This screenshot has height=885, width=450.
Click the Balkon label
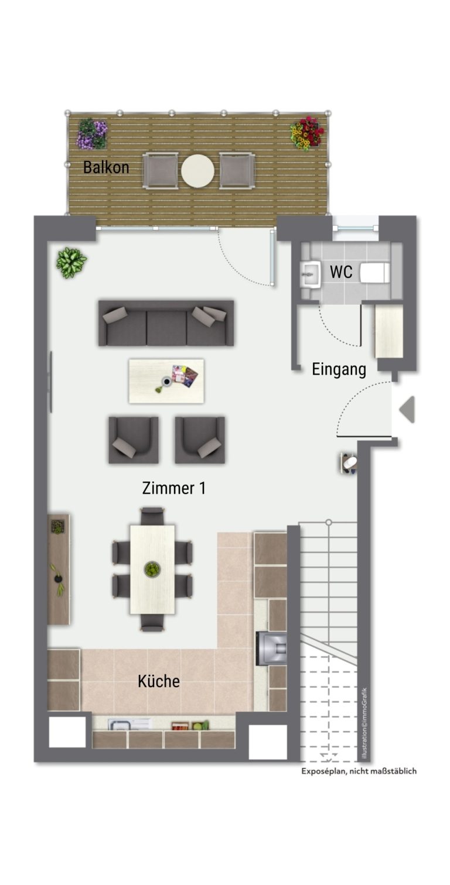click(106, 167)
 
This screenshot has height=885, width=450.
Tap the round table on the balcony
click(197, 171)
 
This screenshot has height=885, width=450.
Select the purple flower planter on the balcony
click(93, 134)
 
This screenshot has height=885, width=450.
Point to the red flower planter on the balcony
click(307, 133)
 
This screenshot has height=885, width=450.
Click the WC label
click(341, 272)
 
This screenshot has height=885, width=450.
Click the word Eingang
click(339, 369)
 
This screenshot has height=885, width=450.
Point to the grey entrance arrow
click(407, 409)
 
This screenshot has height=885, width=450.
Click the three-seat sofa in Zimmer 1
click(166, 323)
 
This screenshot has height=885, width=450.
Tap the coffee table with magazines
click(166, 381)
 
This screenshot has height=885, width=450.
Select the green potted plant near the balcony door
click(71, 263)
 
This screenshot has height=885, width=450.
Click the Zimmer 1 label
click(174, 488)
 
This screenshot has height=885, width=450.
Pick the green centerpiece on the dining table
click(152, 570)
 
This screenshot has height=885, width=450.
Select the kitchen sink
click(129, 723)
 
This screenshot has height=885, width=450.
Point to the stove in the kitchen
click(271, 649)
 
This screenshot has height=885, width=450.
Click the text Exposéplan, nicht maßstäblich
click(359, 771)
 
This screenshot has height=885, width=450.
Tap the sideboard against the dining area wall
click(59, 570)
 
